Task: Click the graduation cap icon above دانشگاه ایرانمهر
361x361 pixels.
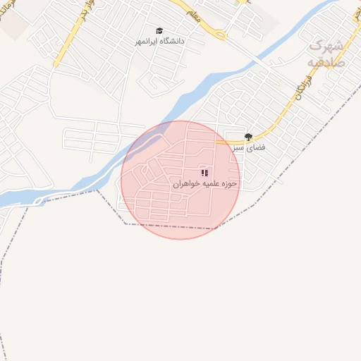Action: tap(159, 31)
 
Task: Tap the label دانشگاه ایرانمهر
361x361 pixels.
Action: tap(160, 42)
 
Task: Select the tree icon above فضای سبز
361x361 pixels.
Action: tap(247, 137)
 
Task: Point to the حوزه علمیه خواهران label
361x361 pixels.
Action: tap(205, 183)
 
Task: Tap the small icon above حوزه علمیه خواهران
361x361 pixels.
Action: tap(204, 173)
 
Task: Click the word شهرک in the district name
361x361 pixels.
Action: tap(326, 45)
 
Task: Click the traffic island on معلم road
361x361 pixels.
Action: tap(222, 34)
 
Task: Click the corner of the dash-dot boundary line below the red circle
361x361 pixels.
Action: tap(126, 224)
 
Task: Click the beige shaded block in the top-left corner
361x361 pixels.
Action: tap(14, 25)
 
